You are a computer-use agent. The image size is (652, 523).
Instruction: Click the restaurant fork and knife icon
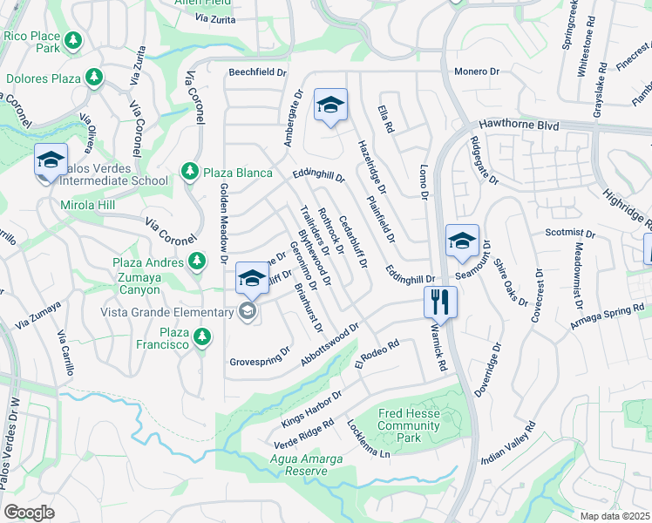439,302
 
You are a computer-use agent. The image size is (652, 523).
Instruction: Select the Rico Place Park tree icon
74,40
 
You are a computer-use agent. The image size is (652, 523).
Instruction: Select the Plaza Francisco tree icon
202,336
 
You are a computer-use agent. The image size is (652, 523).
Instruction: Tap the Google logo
29,512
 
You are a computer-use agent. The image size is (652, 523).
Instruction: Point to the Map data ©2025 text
615,516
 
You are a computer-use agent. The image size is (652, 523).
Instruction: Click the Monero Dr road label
476,71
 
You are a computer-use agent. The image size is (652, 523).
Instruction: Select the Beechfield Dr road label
258,72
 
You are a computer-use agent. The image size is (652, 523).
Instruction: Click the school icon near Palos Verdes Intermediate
51,160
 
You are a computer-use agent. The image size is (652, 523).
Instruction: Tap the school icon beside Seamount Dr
462,240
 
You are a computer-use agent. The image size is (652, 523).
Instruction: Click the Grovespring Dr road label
260,357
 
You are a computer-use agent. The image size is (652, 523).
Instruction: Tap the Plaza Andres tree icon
199,261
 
